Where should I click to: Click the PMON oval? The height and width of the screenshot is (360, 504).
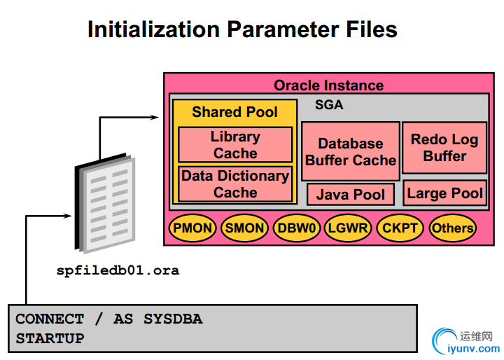pyautogui.click(x=192, y=228)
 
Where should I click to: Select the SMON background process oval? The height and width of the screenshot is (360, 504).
pyautogui.click(x=244, y=228)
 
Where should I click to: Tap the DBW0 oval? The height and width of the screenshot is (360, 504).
pyautogui.click(x=297, y=228)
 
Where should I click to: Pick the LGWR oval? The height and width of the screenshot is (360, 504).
pyautogui.click(x=349, y=228)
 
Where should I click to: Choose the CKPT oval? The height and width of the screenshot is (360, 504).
pyautogui.click(x=400, y=228)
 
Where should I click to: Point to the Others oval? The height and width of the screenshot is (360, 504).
pyautogui.click(x=452, y=228)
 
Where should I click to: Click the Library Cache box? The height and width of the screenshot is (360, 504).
pyautogui.click(x=235, y=145)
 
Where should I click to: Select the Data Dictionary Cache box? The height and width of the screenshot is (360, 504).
pyautogui.click(x=235, y=184)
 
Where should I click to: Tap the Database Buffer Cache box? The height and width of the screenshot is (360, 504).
pyautogui.click(x=350, y=151)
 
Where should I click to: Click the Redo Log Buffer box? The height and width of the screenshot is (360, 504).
pyautogui.click(x=444, y=148)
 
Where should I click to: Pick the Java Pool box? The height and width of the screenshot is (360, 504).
pyautogui.click(x=350, y=194)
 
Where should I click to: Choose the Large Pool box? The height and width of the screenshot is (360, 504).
pyautogui.click(x=444, y=193)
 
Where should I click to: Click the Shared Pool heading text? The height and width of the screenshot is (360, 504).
pyautogui.click(x=234, y=112)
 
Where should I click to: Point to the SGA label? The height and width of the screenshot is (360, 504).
pyautogui.click(x=329, y=106)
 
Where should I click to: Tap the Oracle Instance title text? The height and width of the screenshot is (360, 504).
pyautogui.click(x=328, y=85)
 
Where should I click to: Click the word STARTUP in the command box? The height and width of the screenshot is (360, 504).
pyautogui.click(x=50, y=338)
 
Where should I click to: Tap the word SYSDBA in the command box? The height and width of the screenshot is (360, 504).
pyautogui.click(x=173, y=319)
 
